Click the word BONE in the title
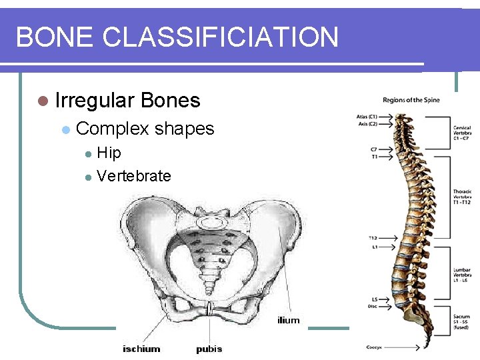(x=55, y=37)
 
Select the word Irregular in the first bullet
(x=95, y=101)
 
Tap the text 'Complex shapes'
(x=145, y=128)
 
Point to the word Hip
(x=109, y=153)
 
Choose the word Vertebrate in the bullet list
(x=133, y=176)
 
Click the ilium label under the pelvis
(x=289, y=321)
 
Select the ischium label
(x=141, y=349)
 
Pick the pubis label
(x=209, y=349)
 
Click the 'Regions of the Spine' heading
(x=411, y=101)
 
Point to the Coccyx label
(x=374, y=347)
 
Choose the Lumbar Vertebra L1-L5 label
(x=463, y=275)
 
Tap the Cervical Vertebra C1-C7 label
(x=463, y=132)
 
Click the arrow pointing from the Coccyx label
(x=402, y=347)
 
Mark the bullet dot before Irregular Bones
(x=43, y=101)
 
